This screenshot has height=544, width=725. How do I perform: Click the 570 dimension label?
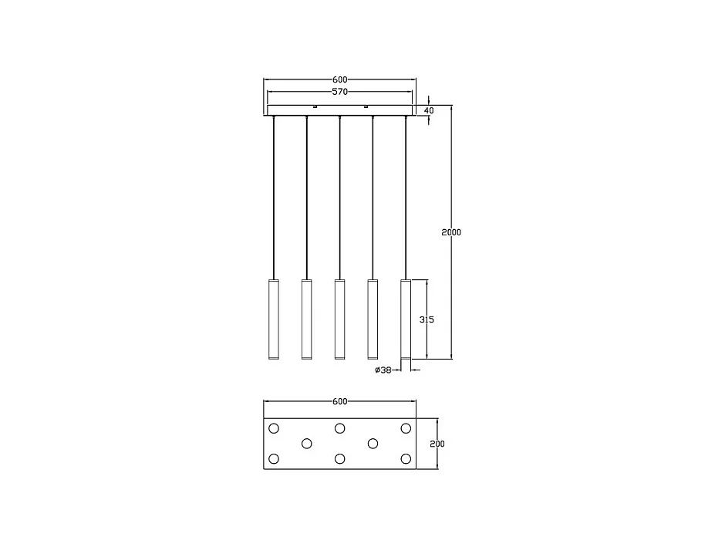click(340, 91)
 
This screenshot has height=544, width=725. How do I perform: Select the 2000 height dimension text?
click(451, 232)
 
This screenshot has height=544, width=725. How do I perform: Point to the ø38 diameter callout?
click(383, 370)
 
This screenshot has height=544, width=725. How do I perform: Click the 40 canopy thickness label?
click(430, 110)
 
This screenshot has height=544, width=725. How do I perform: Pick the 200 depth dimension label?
click(437, 444)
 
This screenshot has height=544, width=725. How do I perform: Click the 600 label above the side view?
click(340, 79)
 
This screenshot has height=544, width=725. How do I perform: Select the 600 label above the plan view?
click(340, 401)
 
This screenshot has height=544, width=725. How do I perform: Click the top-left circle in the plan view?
click(274, 428)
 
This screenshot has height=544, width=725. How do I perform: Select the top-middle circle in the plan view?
click(339, 428)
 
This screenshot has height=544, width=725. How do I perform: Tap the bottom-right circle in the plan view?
click(406, 459)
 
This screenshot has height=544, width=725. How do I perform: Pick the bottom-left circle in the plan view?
click(274, 459)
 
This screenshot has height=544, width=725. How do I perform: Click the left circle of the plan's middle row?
click(306, 444)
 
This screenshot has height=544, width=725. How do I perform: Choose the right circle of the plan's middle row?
click(373, 444)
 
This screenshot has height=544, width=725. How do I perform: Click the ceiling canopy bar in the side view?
click(340, 110)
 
